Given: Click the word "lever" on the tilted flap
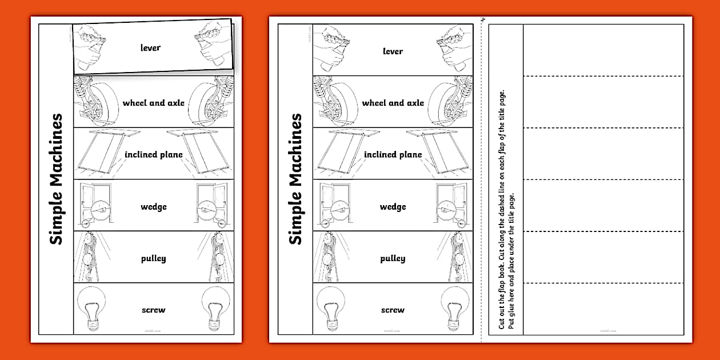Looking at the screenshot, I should coord(151,47).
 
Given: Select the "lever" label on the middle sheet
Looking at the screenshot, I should coord(393,51).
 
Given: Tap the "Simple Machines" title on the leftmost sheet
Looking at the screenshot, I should coord(55,179).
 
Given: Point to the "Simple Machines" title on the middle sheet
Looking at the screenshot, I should coord(295,179).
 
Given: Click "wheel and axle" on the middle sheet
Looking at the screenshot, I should coord(393,103).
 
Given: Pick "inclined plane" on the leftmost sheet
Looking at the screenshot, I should coord(154,154).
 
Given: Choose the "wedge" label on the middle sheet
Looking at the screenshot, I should coord(393,206).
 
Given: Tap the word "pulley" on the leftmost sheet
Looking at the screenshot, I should coord(153,258).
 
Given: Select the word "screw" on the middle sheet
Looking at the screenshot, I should coord(393,310).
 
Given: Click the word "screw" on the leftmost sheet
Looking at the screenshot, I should coord(153,310).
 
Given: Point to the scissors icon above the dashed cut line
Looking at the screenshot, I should coord(483,21).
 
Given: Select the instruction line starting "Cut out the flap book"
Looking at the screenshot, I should coord(501,206).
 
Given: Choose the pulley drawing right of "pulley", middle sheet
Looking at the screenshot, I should coord(454,257).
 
